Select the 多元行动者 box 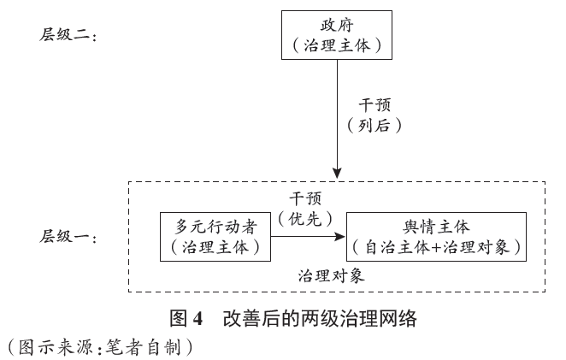tap(215, 237)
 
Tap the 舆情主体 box tap(436, 237)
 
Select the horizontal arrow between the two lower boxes tap(308, 237)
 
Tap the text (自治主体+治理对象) tap(436, 247)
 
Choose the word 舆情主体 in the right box tap(436, 227)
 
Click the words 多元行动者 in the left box tap(215, 227)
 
